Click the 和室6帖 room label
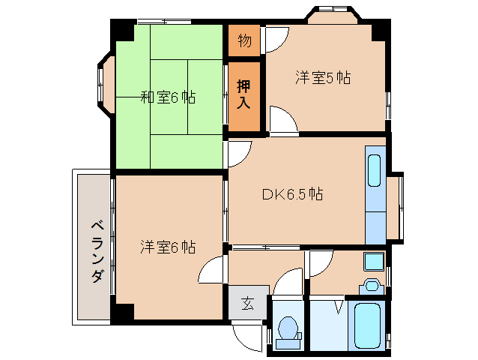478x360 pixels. [169, 97]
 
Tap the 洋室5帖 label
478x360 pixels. [323, 77]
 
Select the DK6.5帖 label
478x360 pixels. [292, 194]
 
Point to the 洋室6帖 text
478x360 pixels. [169, 246]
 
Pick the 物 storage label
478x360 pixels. [244, 40]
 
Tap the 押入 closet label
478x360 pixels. [244, 94]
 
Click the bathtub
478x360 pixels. [368, 325]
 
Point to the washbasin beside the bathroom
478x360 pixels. [369, 286]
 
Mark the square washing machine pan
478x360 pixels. [373, 261]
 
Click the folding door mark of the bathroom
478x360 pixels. [341, 306]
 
